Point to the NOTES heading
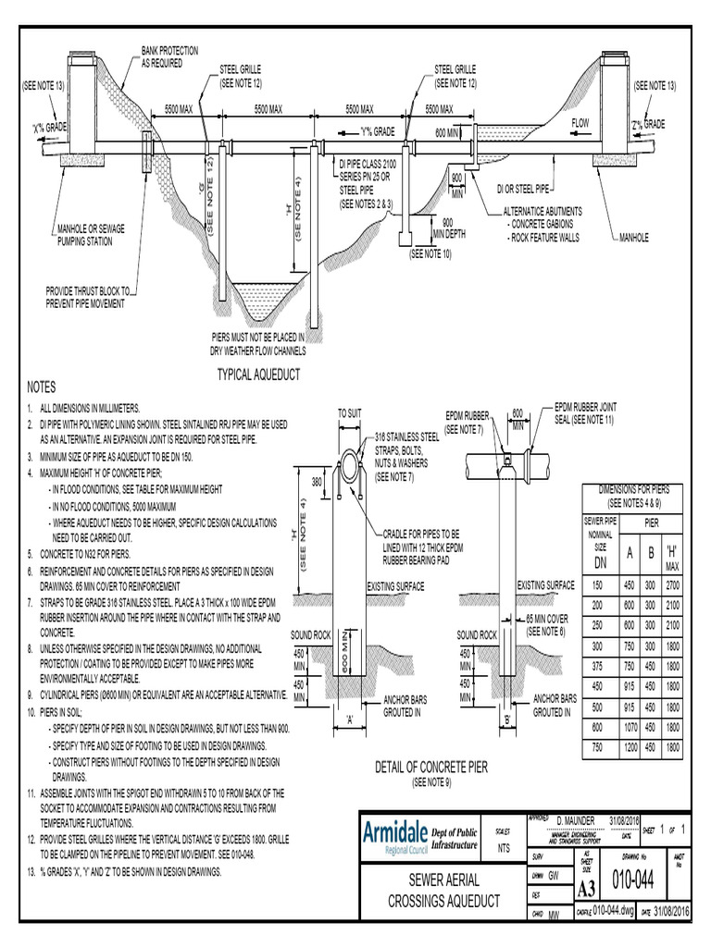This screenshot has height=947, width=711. click(x=43, y=387)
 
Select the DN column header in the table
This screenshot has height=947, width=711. click(x=600, y=562)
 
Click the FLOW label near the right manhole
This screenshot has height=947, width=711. click(x=580, y=123)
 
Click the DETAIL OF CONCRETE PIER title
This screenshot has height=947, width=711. click(x=430, y=768)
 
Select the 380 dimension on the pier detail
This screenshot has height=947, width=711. click(x=316, y=481)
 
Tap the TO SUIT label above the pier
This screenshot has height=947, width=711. click(x=350, y=413)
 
